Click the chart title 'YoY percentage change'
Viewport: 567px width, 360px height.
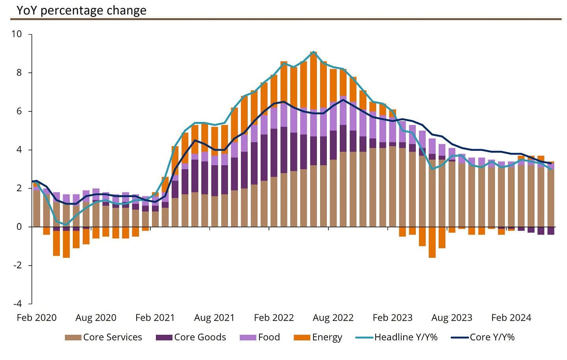click(82, 10)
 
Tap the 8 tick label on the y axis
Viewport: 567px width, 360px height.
click(19, 73)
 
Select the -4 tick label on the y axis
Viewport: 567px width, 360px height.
click(17, 304)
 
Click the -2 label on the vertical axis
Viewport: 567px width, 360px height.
click(17, 265)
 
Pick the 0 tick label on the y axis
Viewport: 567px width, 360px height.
click(19, 227)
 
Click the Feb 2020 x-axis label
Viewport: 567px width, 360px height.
click(37, 318)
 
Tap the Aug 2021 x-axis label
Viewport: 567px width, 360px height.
click(214, 318)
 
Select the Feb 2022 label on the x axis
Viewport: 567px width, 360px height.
click(274, 318)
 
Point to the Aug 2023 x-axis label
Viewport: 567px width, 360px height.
click(452, 318)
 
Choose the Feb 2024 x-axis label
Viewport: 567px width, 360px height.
click(511, 318)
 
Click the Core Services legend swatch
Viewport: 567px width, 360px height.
click(73, 338)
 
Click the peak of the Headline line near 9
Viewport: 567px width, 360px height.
click(313, 52)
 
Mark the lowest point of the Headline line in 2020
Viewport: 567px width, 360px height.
click(66, 225)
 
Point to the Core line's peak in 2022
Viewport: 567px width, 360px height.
click(343, 100)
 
